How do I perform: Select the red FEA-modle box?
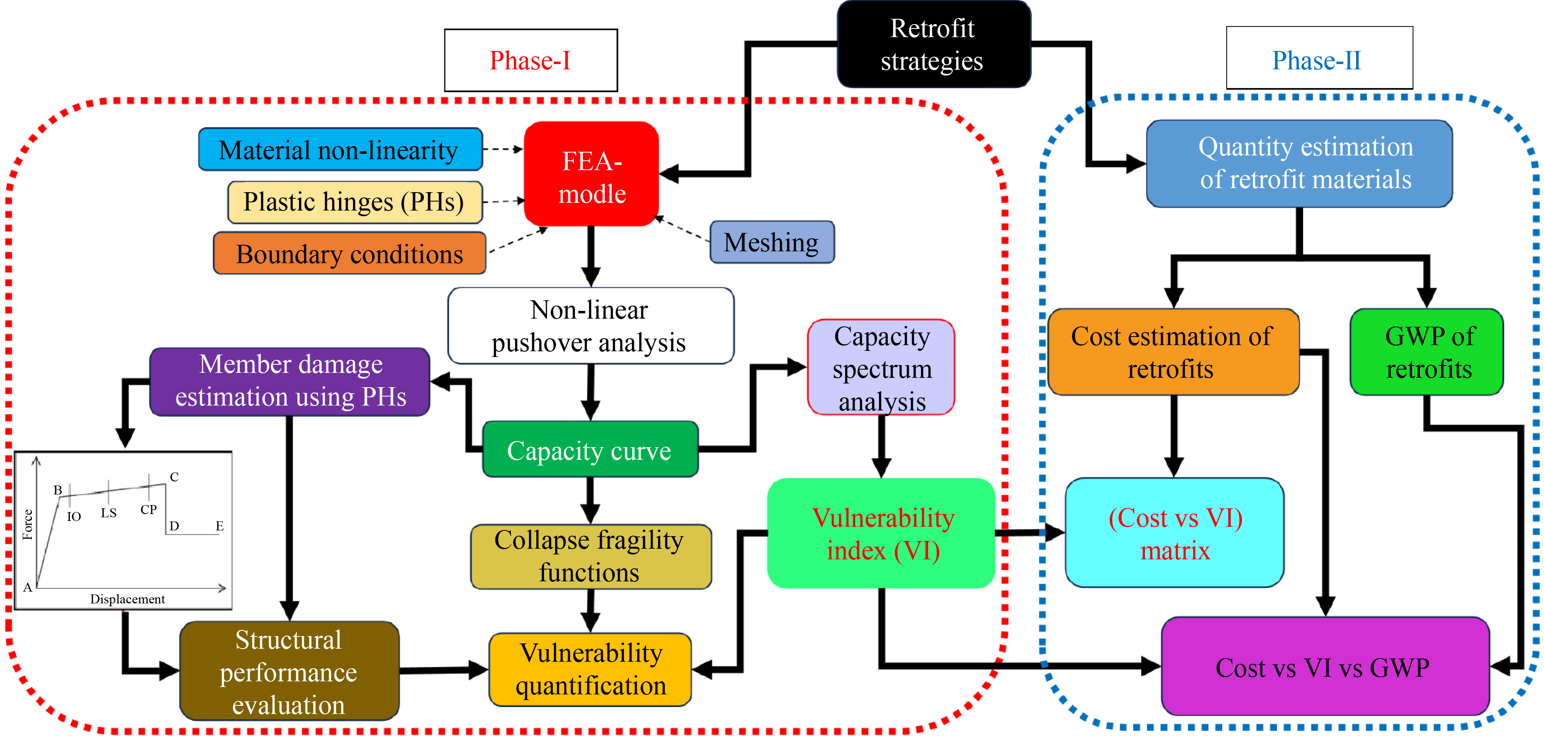(x=591, y=174)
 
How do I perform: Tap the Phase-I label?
(x=531, y=60)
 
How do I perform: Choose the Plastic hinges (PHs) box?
(x=354, y=202)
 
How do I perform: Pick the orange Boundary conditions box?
(x=349, y=254)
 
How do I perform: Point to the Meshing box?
(x=772, y=242)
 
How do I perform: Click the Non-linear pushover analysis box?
(x=590, y=326)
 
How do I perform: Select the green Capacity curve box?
(x=590, y=450)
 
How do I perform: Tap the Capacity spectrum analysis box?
(x=881, y=368)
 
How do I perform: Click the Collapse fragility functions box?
(x=590, y=556)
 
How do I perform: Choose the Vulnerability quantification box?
(x=590, y=669)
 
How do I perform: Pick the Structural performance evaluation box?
(x=289, y=671)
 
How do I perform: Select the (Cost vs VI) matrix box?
(x=1175, y=533)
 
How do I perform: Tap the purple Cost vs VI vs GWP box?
(x=1323, y=667)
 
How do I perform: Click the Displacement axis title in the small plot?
(x=127, y=599)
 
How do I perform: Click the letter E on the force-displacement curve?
(x=219, y=526)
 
